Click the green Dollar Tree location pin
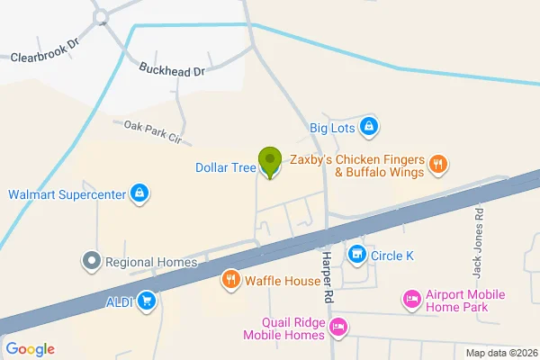(269, 161)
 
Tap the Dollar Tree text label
(224, 167)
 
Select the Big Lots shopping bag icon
(368, 128)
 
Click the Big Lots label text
(333, 129)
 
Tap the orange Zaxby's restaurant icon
(437, 164)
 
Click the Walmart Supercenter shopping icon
(139, 193)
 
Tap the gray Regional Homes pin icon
(90, 262)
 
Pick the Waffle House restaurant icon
(231, 280)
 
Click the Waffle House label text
(282, 281)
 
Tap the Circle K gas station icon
(356, 256)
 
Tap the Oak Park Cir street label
(152, 133)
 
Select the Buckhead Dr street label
(173, 68)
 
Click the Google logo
(30, 349)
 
